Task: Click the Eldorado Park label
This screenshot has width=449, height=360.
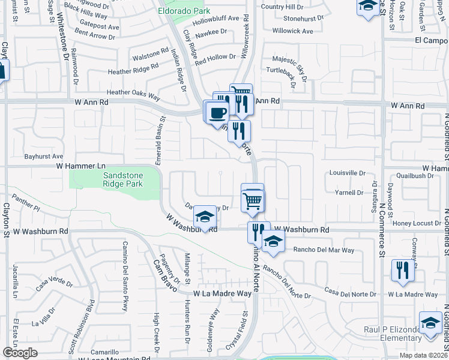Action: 192,11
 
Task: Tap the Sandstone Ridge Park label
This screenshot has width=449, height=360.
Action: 115,179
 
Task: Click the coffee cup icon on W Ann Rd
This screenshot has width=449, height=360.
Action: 218,112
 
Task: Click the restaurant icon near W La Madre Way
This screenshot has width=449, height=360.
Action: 403,271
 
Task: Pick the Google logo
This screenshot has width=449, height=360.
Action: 20,353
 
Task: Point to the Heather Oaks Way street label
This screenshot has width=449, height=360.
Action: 133,94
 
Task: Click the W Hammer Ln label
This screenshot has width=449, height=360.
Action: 81,165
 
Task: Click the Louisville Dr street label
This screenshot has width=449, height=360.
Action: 348,172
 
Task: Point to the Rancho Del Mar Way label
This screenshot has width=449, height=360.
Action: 323,250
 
